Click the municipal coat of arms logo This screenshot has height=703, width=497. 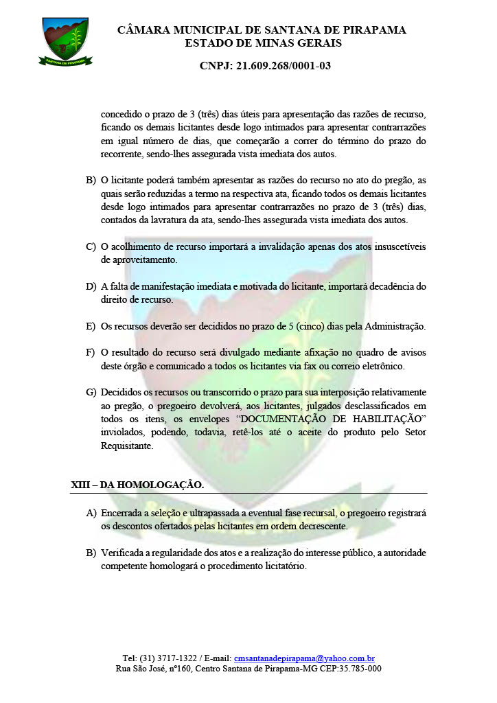pyautogui.click(x=65, y=41)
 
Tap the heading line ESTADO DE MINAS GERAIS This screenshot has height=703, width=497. pyautogui.click(x=263, y=43)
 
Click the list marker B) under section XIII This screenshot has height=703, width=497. pyautogui.click(x=91, y=553)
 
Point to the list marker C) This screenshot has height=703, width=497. pyautogui.click(x=91, y=247)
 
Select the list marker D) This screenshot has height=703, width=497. pyautogui.click(x=91, y=286)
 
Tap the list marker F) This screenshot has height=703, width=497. pyautogui.click(x=91, y=352)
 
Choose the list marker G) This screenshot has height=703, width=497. pyautogui.click(x=91, y=392)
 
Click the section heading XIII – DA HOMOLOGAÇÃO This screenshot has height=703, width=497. pyautogui.click(x=137, y=485)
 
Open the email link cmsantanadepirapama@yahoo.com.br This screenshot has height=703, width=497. pyautogui.click(x=304, y=658)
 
